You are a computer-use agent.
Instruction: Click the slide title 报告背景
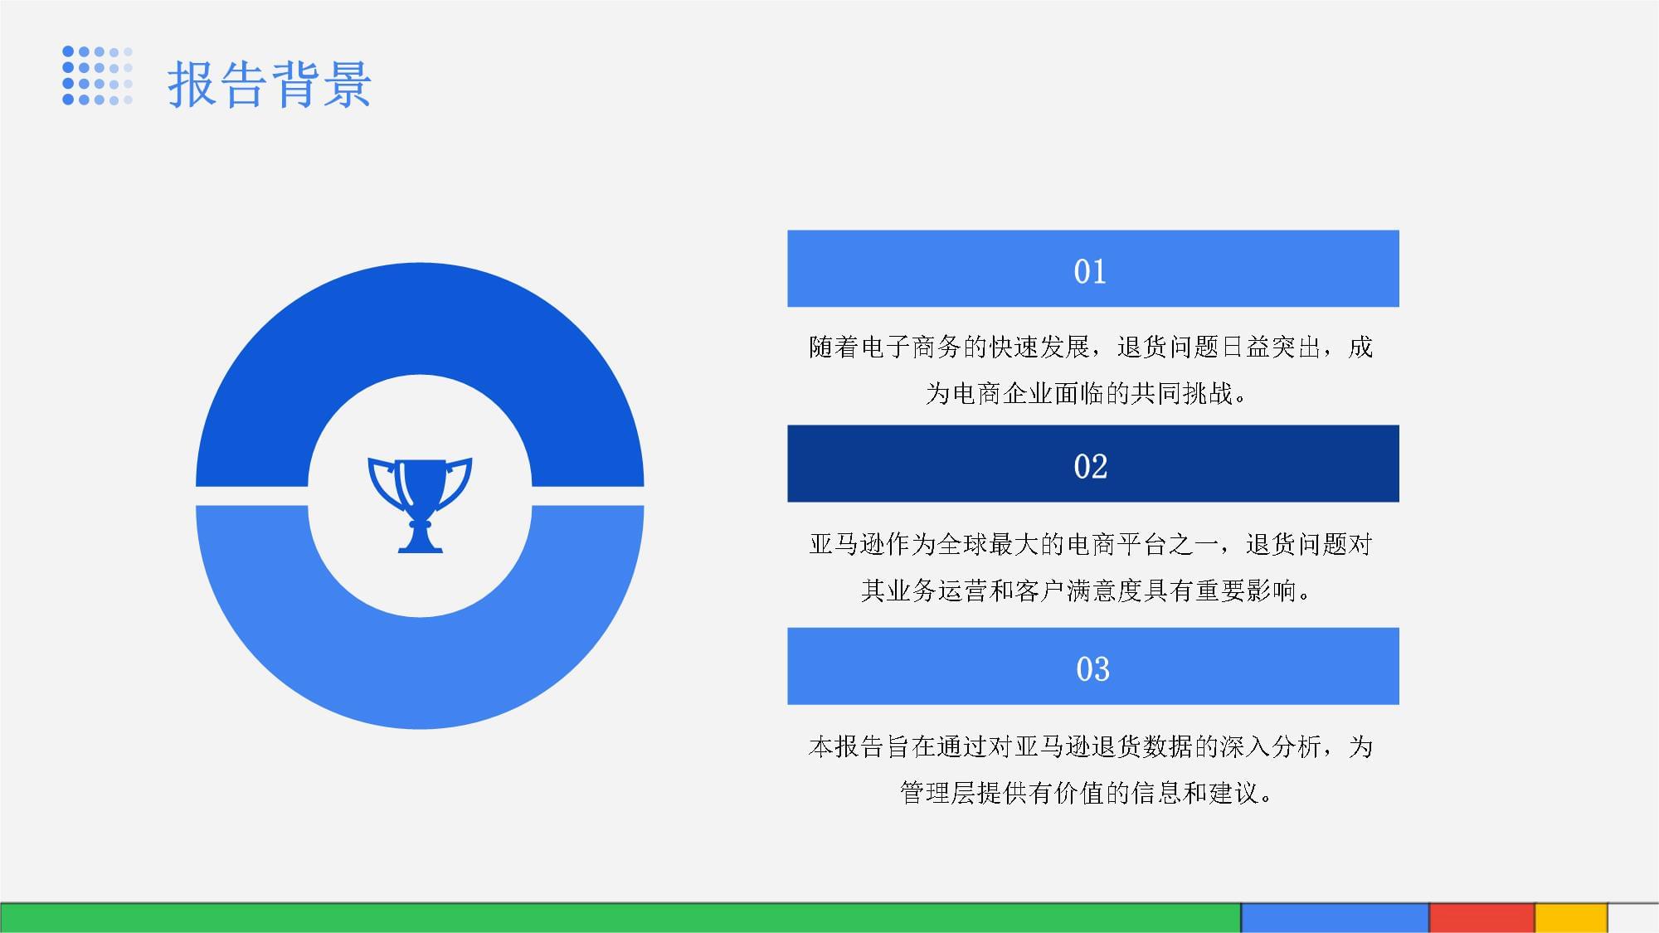coord(270,84)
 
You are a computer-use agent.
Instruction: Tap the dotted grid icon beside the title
coord(97,75)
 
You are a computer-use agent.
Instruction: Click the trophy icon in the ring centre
coord(420,504)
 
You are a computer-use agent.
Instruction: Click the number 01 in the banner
coord(1090,272)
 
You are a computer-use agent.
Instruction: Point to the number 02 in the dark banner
coord(1090,467)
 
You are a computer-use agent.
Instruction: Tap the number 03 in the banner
coord(1092,669)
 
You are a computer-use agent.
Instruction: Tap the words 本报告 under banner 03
coord(847,746)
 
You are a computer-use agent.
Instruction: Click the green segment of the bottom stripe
coord(620,918)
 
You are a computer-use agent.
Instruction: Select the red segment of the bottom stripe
coord(1481,918)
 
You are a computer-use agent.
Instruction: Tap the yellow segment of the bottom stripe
coord(1571,918)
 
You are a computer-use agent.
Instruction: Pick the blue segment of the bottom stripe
coord(1335,918)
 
